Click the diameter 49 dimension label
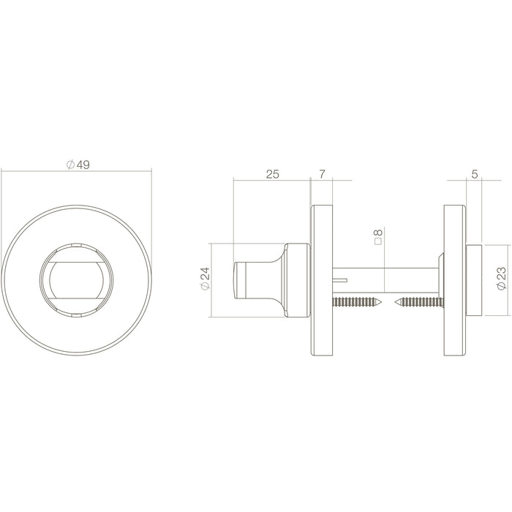coord(78,165)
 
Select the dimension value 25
coord(272,174)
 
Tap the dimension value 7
coord(322,174)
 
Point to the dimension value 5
coord(475,174)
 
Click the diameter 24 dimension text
coord(206,278)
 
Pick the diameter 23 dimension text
coord(501,278)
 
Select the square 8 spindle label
coord(378,237)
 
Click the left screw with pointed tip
coord(357,301)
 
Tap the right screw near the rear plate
coord(420,302)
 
